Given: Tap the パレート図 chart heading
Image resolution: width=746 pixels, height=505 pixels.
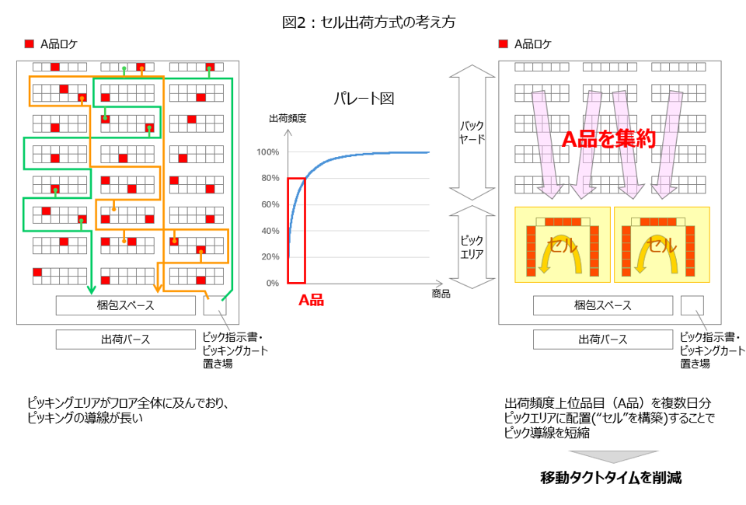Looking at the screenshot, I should (x=364, y=99).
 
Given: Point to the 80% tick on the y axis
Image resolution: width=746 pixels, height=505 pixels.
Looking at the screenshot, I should (x=269, y=178).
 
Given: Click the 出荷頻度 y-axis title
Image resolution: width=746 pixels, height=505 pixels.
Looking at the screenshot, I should (x=288, y=118).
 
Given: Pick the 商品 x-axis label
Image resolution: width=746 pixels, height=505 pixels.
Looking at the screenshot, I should (x=441, y=294).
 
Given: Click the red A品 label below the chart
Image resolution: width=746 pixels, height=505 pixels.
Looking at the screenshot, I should (x=311, y=300).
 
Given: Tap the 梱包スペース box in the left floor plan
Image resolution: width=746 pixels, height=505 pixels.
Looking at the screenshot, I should (x=125, y=305).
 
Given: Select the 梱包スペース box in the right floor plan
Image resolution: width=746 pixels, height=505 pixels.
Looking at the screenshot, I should (x=602, y=305).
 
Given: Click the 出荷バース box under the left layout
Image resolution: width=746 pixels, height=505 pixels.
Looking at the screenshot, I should (x=125, y=340).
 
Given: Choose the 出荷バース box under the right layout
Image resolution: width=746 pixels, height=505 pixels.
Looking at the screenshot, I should (x=602, y=340).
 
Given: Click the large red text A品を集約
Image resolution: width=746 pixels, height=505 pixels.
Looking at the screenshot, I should (x=609, y=139).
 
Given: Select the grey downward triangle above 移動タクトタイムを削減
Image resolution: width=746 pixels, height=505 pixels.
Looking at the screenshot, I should (x=612, y=457).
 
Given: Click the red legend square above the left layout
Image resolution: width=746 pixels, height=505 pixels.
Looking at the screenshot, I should (x=30, y=44).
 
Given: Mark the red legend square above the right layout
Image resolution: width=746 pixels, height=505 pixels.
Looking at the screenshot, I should (x=504, y=44).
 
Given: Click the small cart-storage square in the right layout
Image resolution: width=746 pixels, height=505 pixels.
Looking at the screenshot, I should (x=692, y=305).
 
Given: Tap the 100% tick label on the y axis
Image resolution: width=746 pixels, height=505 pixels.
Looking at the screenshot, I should (x=267, y=152).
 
